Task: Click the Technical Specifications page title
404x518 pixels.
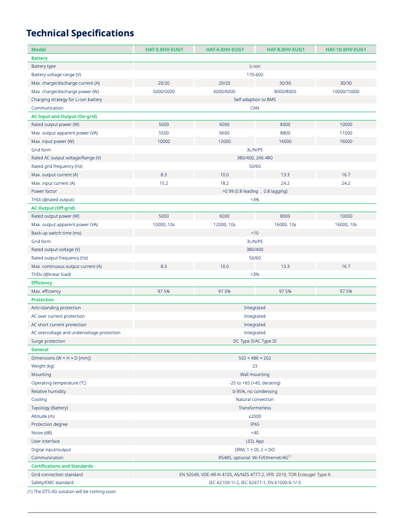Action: tap(80, 33)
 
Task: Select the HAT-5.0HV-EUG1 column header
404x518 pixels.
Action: tap(164, 49)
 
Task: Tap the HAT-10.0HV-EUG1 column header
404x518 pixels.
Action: tap(346, 49)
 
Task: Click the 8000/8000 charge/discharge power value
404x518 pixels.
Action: tap(285, 92)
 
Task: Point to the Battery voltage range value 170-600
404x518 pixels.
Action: tap(255, 75)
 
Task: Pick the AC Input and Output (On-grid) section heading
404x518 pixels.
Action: tap(64, 116)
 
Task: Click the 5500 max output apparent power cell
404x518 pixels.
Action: tap(164, 133)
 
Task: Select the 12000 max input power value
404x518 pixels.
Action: tap(224, 141)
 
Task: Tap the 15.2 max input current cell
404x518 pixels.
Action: tap(164, 183)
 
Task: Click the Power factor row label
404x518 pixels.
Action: tap(44, 191)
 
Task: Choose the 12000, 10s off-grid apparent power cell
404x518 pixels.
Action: tap(224, 225)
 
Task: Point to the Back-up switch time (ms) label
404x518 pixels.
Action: tap(56, 233)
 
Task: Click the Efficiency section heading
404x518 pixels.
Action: tap(42, 283)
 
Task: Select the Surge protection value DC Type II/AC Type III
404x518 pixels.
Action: tap(255, 341)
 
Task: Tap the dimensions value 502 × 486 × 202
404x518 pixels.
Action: tap(255, 358)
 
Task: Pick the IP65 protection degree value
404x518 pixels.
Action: tap(255, 424)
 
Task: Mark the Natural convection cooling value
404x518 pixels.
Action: tap(255, 399)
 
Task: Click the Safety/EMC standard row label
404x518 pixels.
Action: tap(52, 483)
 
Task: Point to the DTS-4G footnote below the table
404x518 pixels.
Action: tap(72, 492)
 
